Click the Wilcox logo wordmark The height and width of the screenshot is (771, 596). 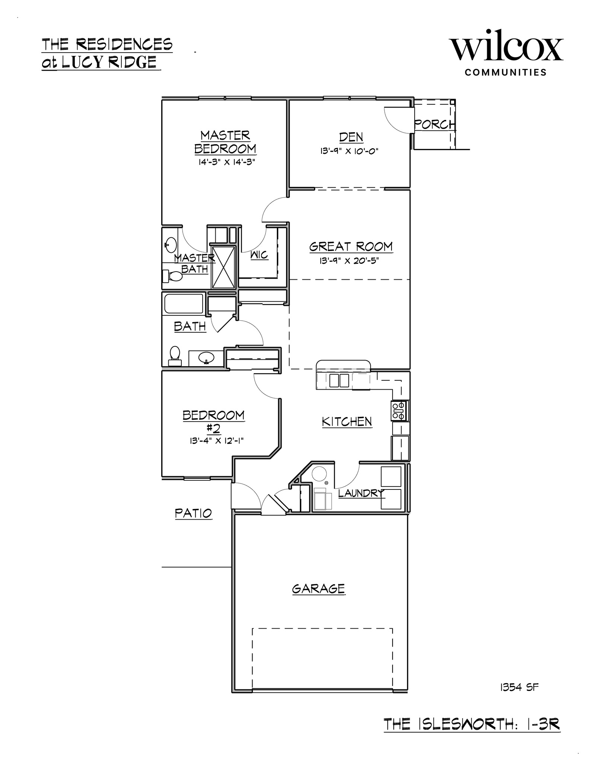[x=507, y=49]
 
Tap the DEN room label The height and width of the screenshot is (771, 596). [x=351, y=137]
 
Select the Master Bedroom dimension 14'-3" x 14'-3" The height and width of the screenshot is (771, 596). [x=226, y=162]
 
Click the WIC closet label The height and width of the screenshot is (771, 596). [x=259, y=255]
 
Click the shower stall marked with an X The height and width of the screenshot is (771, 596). [x=223, y=267]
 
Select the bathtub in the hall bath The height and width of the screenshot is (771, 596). [x=184, y=304]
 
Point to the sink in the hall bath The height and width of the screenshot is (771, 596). [x=206, y=358]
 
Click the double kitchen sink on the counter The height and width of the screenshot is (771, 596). [x=339, y=381]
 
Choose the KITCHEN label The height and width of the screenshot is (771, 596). [x=347, y=422]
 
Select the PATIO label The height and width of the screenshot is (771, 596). [x=193, y=513]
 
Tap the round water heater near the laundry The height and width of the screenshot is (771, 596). [x=319, y=474]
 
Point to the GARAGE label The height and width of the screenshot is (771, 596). [x=318, y=599]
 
